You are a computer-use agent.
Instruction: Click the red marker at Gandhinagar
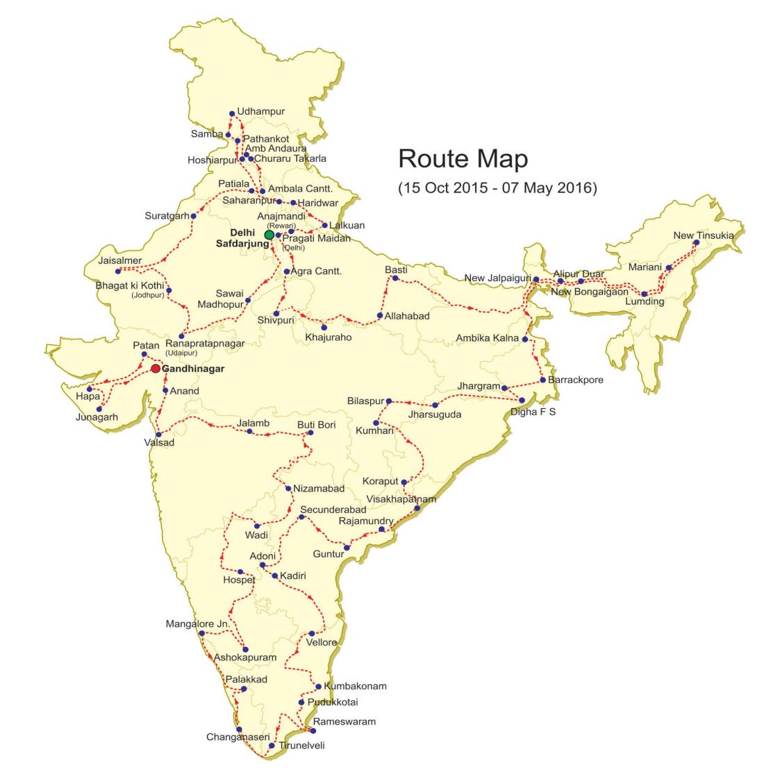[156, 369]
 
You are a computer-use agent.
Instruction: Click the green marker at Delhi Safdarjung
[269, 235]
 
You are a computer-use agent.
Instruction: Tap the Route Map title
[463, 159]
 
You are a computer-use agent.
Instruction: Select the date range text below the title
[497, 187]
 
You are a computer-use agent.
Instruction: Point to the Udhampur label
[260, 111]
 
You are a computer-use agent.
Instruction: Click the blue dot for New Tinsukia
[696, 243]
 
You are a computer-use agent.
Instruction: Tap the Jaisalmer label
[120, 260]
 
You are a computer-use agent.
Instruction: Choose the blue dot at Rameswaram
[308, 730]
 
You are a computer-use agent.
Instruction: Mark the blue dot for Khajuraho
[324, 327]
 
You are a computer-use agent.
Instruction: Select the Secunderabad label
[333, 510]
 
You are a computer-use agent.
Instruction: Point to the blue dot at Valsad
[159, 435]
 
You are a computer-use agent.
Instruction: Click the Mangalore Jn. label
[197, 624]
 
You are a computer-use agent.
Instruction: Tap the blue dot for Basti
[395, 278]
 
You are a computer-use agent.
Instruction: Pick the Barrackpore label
[575, 380]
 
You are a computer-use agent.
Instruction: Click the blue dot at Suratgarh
[194, 217]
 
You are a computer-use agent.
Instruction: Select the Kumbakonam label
[355, 686]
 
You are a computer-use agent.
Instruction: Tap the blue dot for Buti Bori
[310, 432]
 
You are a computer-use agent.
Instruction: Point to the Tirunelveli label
[301, 746]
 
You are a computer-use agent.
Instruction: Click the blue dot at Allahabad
[379, 316]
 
